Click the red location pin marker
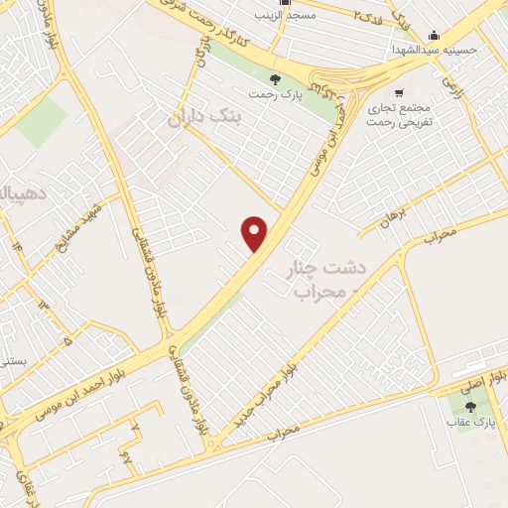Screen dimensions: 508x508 [255, 232]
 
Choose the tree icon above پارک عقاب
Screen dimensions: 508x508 [469, 407]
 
